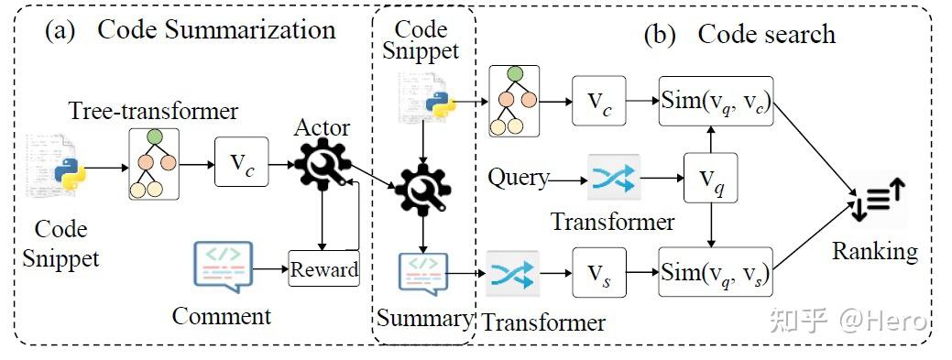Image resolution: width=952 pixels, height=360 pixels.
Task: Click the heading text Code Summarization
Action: [216, 29]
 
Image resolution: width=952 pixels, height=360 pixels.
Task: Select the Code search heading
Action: [766, 35]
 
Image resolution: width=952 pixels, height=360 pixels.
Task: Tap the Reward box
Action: [323, 268]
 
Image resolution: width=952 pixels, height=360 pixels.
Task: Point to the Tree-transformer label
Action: [153, 112]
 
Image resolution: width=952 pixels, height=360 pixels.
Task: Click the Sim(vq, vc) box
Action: [716, 102]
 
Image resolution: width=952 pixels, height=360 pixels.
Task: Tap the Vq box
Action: [710, 178]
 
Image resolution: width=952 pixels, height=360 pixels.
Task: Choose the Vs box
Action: [599, 272]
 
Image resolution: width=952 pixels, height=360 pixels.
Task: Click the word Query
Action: [519, 177]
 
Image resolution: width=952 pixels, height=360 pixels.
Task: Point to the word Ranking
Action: [874, 250]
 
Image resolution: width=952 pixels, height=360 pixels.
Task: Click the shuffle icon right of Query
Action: [613, 178]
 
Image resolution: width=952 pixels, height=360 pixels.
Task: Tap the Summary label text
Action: [424, 319]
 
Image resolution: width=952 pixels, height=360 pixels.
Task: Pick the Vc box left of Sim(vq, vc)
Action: [599, 101]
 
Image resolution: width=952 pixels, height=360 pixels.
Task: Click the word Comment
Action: [222, 317]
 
